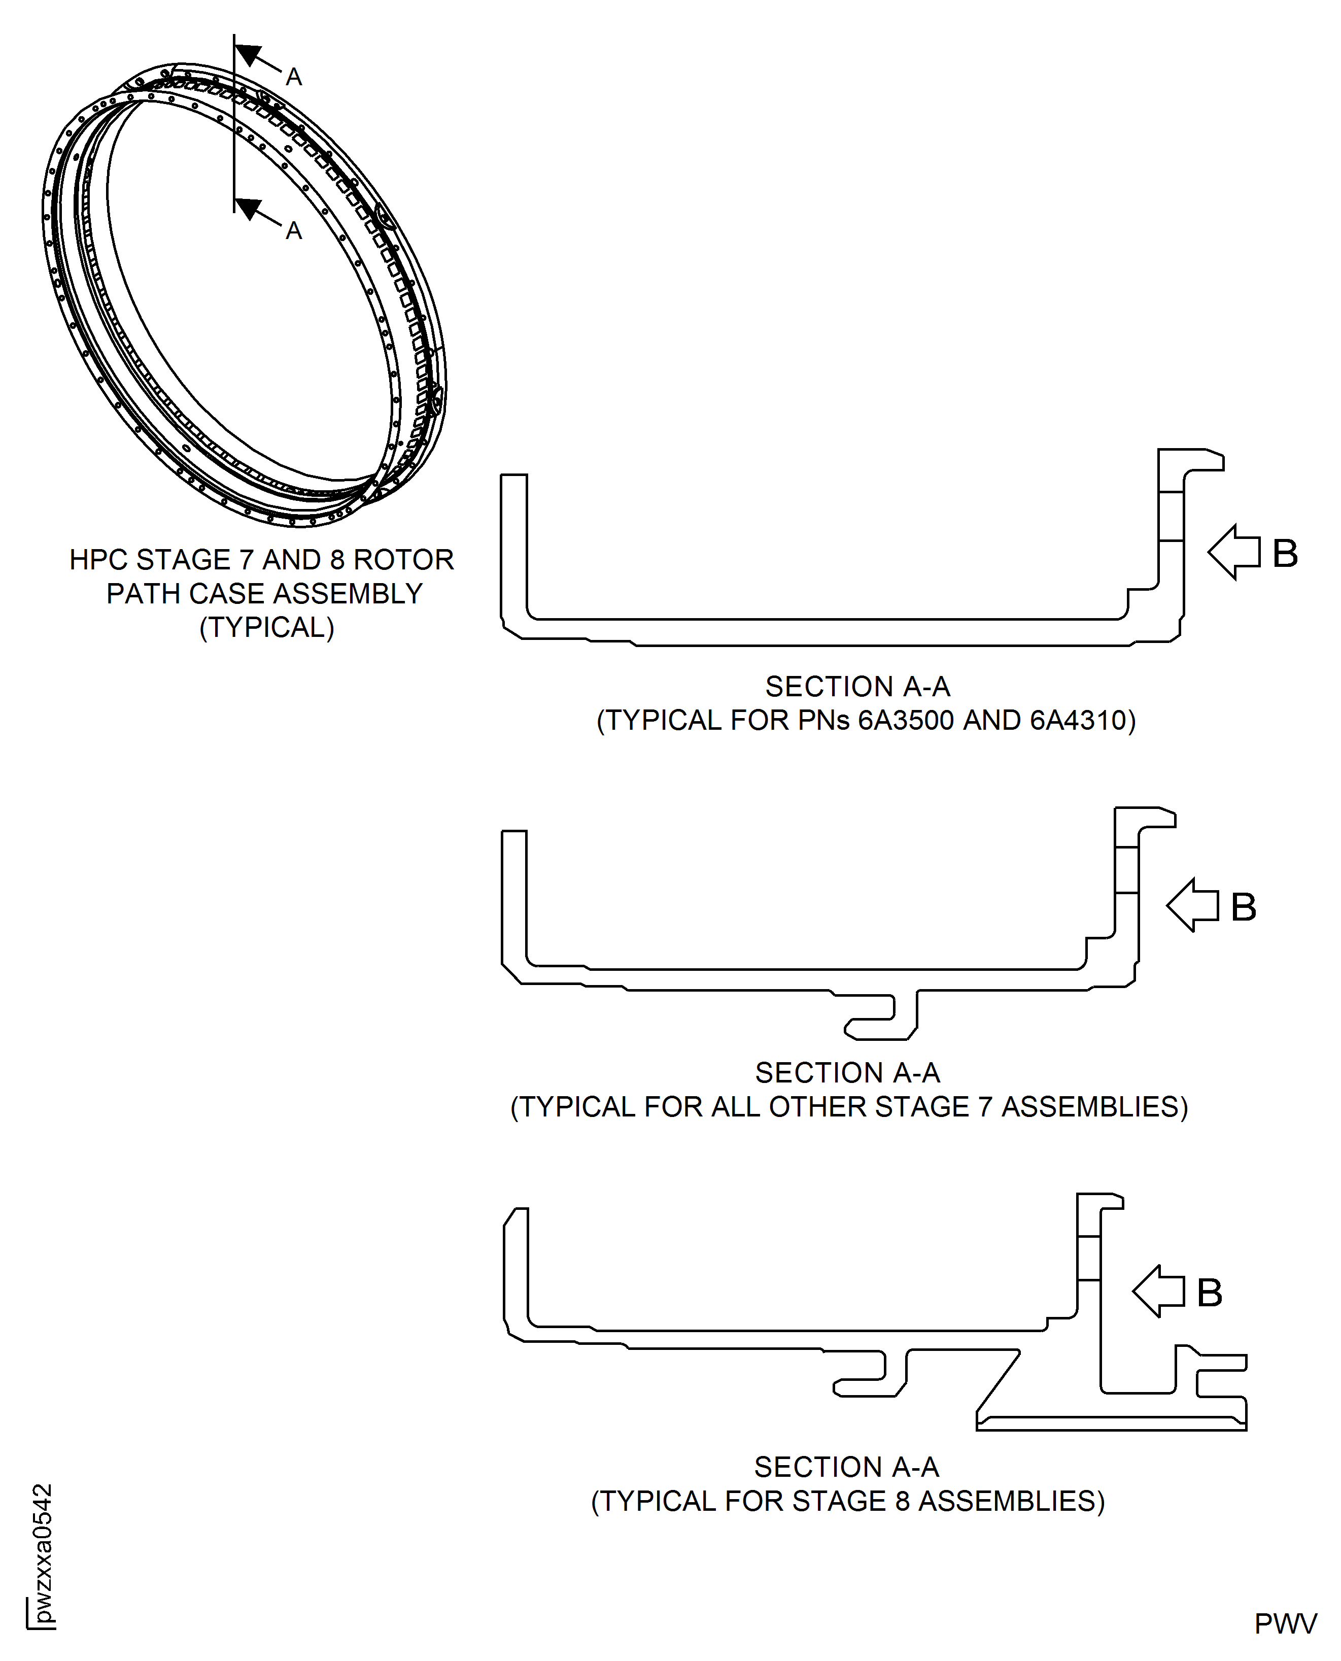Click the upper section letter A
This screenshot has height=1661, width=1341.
click(x=294, y=77)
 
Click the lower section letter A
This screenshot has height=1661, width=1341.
click(x=294, y=230)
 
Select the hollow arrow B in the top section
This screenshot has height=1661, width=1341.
click(x=1233, y=552)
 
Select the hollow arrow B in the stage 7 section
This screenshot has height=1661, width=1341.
click(x=1192, y=905)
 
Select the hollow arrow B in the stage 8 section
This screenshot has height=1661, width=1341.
click(x=1158, y=1291)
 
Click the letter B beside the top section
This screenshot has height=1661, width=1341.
click(x=1285, y=553)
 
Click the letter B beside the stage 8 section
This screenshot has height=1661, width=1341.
click(x=1209, y=1293)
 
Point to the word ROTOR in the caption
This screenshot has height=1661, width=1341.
click(x=403, y=559)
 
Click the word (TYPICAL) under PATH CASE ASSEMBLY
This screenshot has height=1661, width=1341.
click(x=266, y=627)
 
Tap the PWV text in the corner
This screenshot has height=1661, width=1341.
click(x=1285, y=1623)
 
